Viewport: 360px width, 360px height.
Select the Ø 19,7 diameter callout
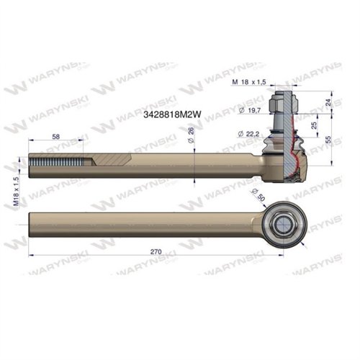[x=249, y=109]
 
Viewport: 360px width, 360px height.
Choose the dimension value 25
[x=315, y=125]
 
